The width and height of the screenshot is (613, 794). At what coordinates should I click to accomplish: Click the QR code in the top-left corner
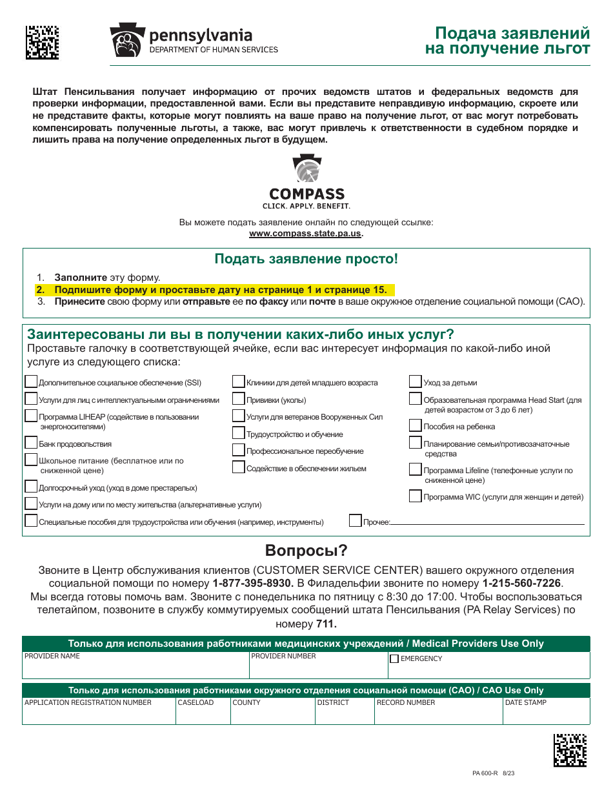coord(42,43)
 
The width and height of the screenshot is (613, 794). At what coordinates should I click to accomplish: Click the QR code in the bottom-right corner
coord(570,749)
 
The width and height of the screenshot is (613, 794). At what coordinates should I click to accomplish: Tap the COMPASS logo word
coord(306,194)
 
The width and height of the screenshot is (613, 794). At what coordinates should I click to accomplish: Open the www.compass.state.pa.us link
coord(305,234)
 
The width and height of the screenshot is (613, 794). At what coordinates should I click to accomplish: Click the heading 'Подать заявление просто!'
coord(306,260)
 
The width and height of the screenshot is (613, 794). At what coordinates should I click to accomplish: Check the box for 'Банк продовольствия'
coord(31,443)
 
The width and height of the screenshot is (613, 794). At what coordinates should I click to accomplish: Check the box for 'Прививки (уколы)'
coord(239,399)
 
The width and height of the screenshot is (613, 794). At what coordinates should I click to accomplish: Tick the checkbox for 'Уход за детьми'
coord(416,382)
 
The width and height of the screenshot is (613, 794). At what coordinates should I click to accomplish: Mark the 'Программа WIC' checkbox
coord(416,496)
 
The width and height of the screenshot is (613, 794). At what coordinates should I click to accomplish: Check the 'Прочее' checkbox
coord(356,520)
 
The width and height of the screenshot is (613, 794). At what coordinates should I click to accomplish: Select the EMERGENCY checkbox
coord(394,659)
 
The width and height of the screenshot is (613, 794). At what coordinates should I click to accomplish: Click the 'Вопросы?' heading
coord(306,551)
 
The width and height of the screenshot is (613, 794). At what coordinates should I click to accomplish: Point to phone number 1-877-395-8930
coord(253,583)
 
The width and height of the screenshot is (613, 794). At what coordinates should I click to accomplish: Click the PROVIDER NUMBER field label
coord(283,657)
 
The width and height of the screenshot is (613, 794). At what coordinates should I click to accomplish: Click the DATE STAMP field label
coord(525,702)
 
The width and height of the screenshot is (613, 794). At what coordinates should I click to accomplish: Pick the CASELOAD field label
coord(196,702)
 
